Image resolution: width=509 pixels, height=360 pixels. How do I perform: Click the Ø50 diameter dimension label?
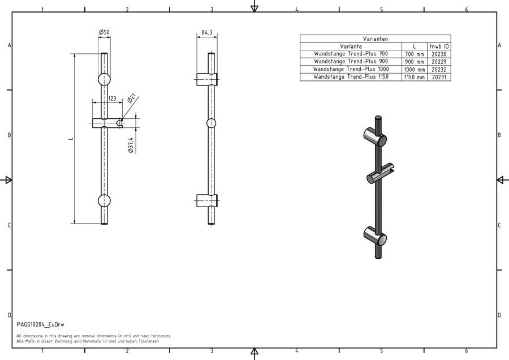coord(104,32)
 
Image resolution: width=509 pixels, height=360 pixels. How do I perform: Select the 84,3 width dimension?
coord(207,32)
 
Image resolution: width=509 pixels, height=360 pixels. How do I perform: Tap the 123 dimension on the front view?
coord(112,98)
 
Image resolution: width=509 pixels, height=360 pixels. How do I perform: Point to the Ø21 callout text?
coord(131,98)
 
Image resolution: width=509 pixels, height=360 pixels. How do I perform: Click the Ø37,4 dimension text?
coord(131,145)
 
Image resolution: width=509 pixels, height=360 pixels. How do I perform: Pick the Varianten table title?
coord(376,38)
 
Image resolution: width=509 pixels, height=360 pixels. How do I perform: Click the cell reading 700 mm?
coord(414,54)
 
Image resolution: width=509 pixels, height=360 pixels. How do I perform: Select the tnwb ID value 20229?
coord(439,62)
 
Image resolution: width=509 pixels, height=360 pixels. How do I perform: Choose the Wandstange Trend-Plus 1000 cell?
coord(351,69)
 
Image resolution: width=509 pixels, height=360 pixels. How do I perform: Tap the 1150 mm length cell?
coord(414,78)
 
